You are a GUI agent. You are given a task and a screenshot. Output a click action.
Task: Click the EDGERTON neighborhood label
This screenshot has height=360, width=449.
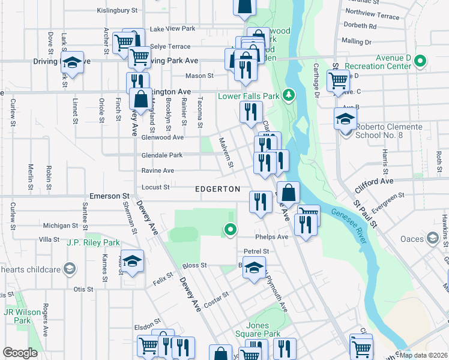217,189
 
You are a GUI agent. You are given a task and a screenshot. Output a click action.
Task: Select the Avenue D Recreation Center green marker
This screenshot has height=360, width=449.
421,61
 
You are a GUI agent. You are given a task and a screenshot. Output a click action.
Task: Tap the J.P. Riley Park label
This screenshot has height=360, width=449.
93,243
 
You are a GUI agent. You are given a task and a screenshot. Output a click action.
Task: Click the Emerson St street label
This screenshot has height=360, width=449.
109,196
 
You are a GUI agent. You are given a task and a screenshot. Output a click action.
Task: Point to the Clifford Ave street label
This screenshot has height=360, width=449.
378,181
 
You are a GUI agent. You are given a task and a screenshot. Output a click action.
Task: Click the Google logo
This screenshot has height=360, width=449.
20,353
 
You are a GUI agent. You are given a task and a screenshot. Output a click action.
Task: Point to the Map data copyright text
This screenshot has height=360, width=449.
423,355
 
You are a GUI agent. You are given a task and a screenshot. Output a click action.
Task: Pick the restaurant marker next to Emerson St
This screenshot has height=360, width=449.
260,201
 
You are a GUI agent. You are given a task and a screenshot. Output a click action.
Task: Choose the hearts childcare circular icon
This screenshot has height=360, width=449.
70,268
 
